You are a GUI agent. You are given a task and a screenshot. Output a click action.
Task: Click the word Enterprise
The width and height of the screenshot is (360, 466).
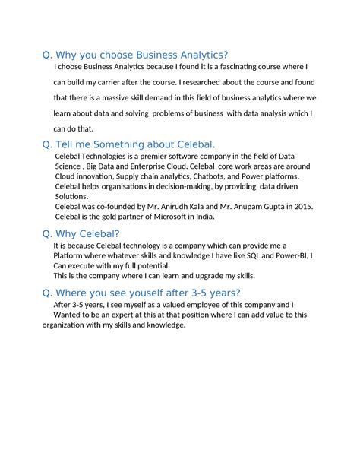click(142, 166)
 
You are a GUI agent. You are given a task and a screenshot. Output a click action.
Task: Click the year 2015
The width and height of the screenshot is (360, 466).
click(302, 206)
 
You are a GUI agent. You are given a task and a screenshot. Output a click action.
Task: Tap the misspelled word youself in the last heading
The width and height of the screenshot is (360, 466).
click(138, 293)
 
